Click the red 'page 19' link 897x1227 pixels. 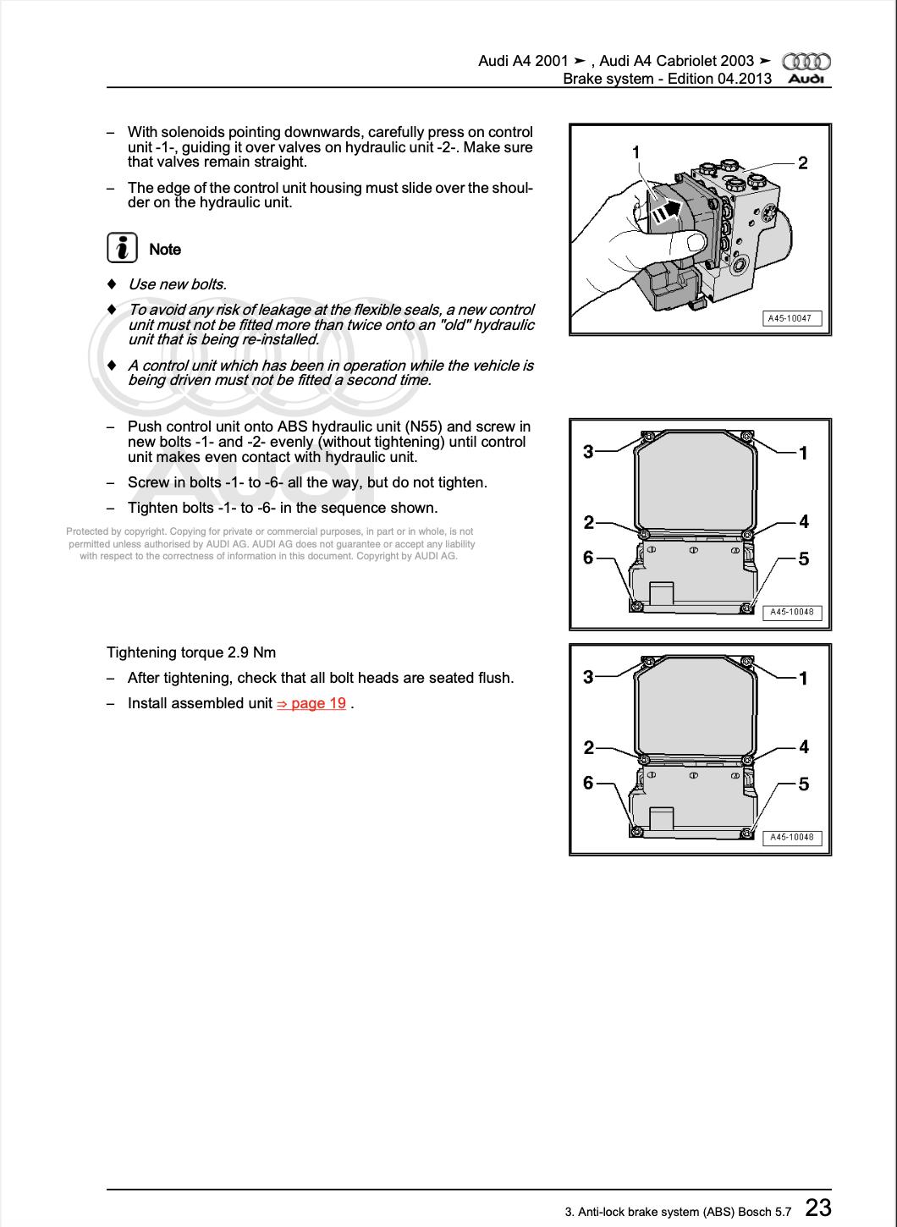pos(312,703)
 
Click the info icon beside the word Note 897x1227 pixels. pos(122,248)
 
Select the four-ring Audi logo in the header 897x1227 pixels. pos(806,61)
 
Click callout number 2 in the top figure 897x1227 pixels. pos(802,162)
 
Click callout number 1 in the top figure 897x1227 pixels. pos(636,152)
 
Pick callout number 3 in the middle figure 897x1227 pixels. pos(588,452)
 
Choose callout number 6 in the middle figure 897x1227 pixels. pos(588,558)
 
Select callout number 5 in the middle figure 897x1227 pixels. pos(803,559)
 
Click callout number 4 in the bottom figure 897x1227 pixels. pos(803,746)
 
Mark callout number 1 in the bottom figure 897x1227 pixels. pos(803,678)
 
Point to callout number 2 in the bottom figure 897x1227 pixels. pos(588,747)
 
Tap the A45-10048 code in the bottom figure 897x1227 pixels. pos(792,838)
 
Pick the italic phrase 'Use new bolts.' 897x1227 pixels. pos(177,284)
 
